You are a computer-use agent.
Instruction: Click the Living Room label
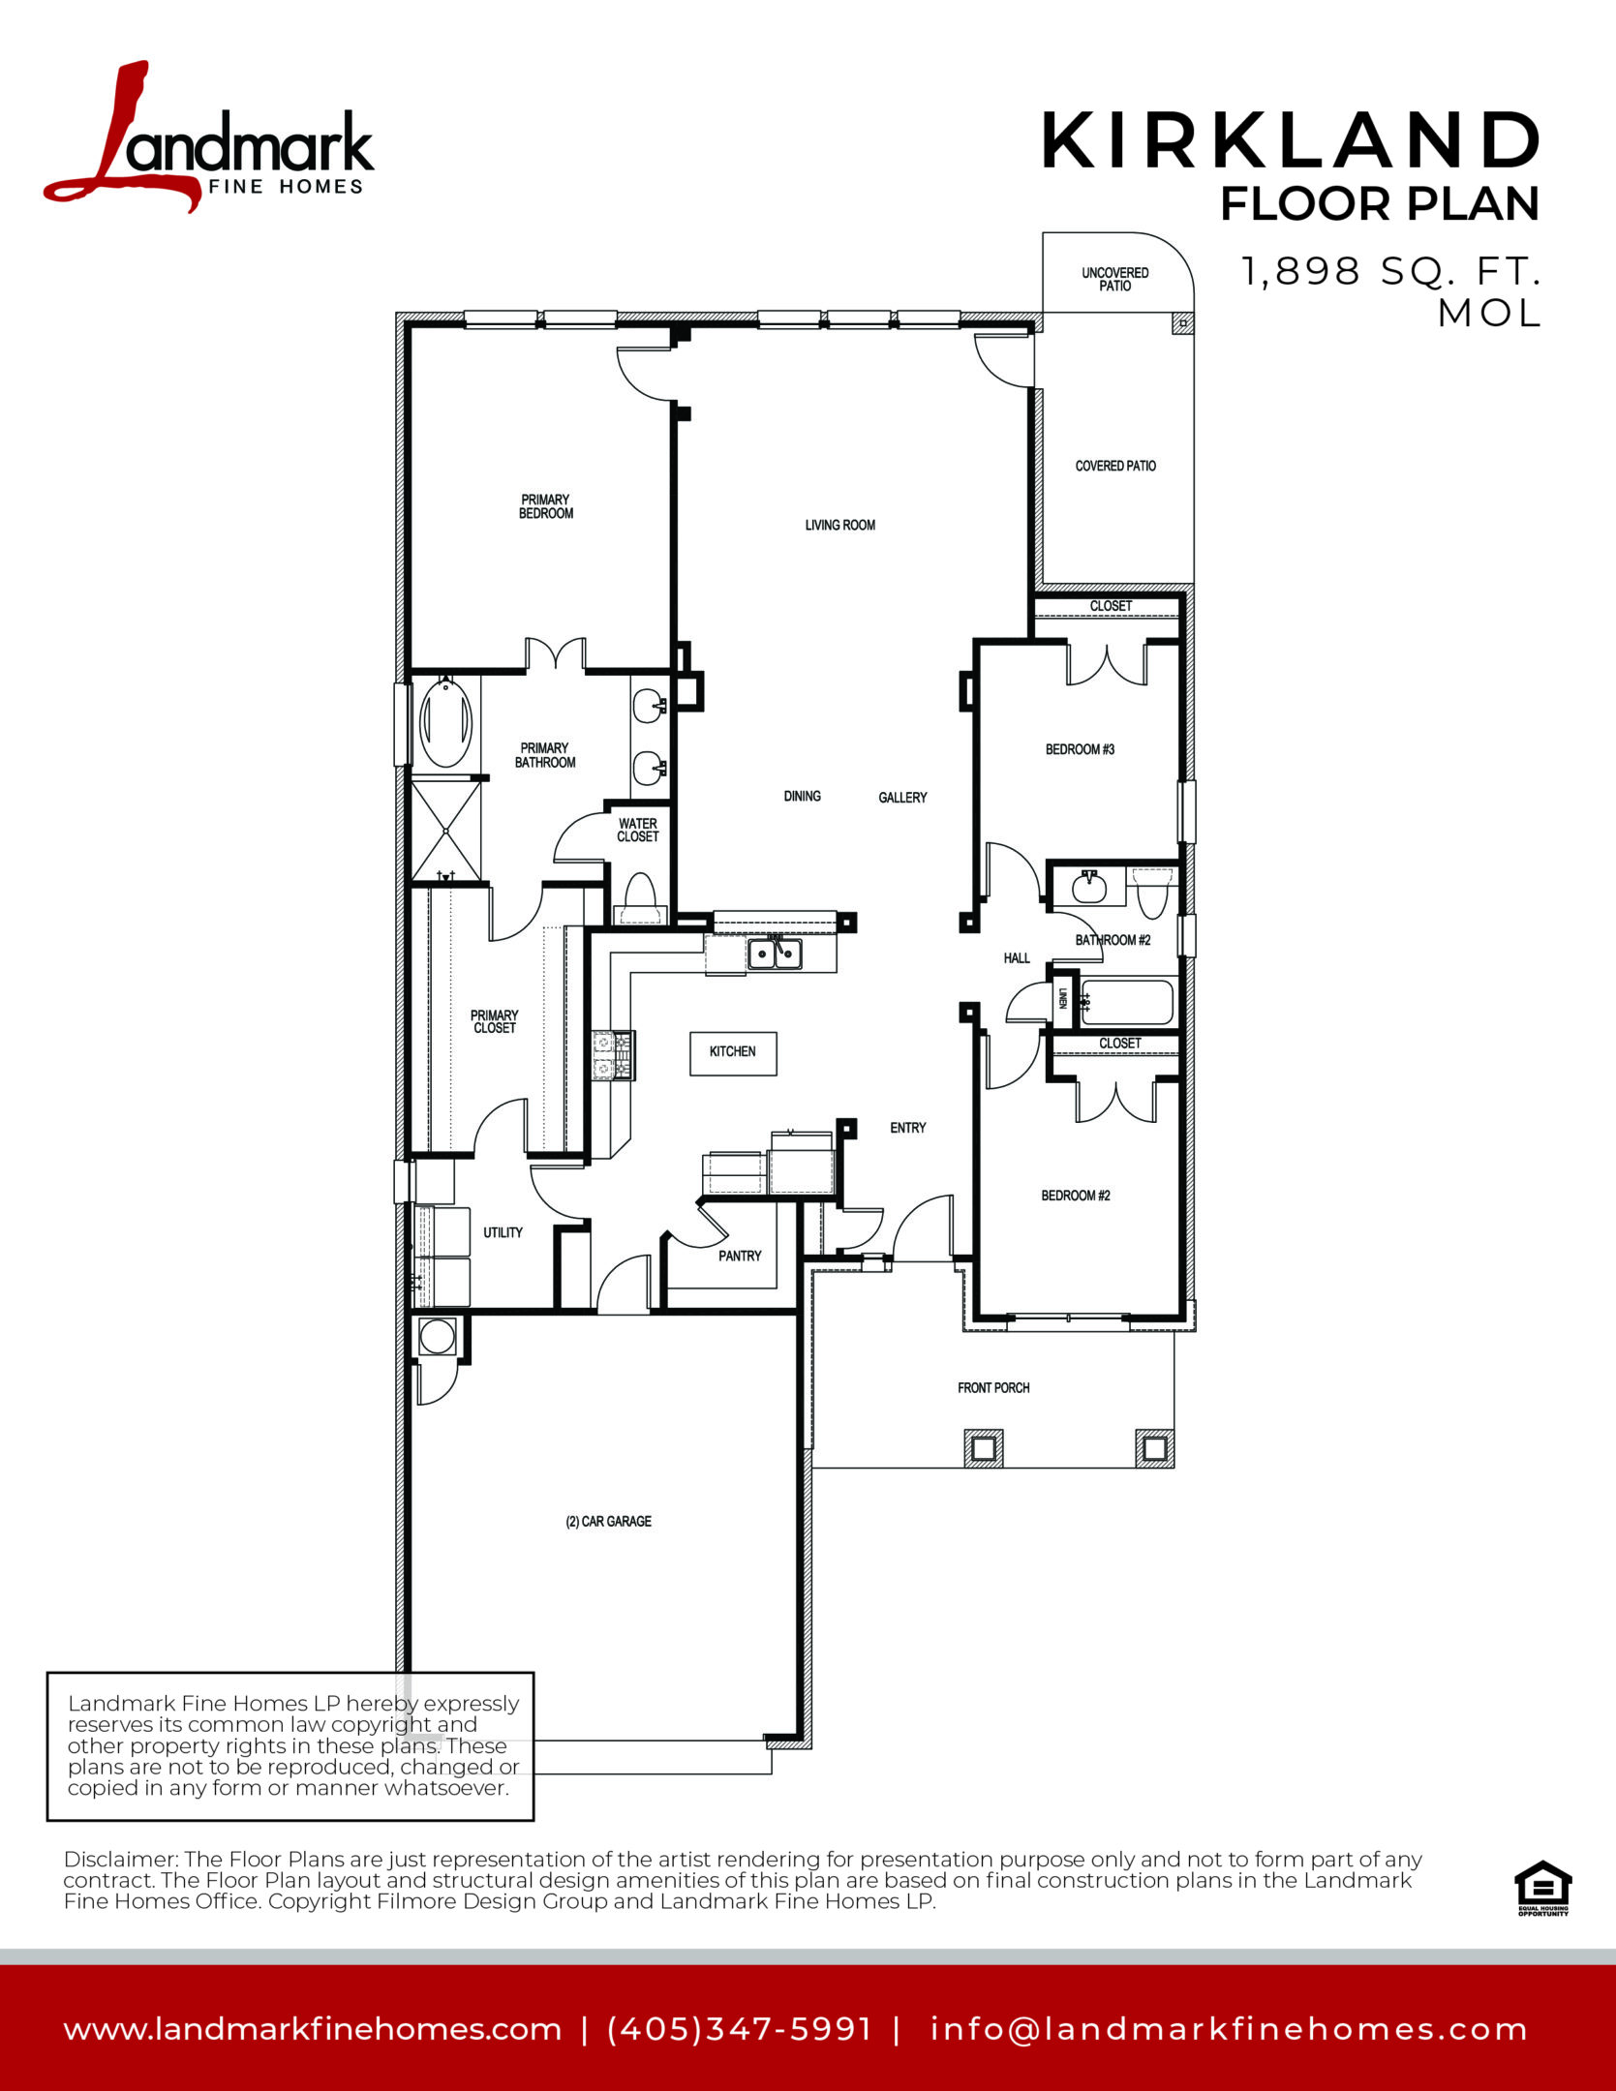point(839,525)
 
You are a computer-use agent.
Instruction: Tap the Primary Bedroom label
point(546,506)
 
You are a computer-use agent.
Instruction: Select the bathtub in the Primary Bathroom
point(445,722)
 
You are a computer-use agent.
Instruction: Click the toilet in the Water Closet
point(639,899)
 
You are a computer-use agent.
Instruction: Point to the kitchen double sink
point(775,955)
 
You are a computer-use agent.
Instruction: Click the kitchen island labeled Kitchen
point(733,1052)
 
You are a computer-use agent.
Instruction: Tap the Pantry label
point(740,1256)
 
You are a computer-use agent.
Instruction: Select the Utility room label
point(503,1232)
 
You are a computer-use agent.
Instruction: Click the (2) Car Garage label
point(608,1521)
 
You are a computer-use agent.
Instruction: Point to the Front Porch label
point(993,1387)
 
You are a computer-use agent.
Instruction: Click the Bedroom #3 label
point(1080,749)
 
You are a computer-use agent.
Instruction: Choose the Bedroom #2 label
point(1076,1196)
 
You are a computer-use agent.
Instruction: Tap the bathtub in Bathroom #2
point(1127,1002)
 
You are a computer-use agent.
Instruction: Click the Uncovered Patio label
point(1115,279)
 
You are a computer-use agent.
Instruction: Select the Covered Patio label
point(1115,466)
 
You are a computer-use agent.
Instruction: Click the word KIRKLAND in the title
point(1291,140)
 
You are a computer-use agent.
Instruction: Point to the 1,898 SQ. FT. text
point(1390,271)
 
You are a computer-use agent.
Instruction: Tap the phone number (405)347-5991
point(740,2028)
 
